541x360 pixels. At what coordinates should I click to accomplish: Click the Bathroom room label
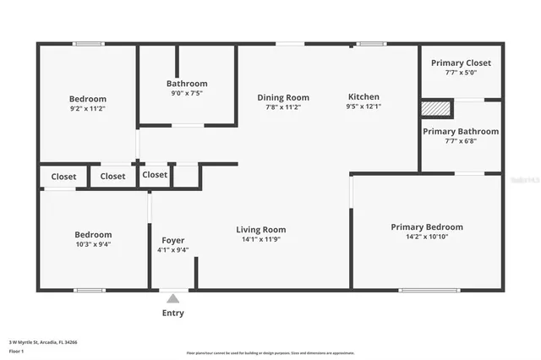click(186, 84)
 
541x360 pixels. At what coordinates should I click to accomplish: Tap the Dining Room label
click(283, 97)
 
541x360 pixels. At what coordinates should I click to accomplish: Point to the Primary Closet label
click(461, 63)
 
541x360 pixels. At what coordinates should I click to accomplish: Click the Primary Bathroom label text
click(461, 131)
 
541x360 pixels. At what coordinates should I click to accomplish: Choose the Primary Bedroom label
click(427, 226)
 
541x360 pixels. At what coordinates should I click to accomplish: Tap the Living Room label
click(260, 229)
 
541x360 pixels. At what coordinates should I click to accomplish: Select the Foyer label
click(172, 240)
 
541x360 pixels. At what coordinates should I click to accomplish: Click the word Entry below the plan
click(172, 313)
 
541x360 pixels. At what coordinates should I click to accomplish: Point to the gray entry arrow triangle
click(172, 297)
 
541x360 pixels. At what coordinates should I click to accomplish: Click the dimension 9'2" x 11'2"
click(88, 108)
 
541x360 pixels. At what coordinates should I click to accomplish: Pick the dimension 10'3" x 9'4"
click(92, 244)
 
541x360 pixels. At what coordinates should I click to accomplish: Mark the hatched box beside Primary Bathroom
click(436, 108)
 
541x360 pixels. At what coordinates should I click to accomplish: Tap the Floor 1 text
click(16, 351)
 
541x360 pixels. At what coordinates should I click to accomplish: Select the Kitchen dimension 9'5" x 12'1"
click(363, 106)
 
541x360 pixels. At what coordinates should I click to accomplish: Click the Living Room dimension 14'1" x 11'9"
click(260, 239)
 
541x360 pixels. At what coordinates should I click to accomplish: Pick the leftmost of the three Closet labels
click(63, 177)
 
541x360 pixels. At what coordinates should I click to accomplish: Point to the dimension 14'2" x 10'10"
click(427, 237)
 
